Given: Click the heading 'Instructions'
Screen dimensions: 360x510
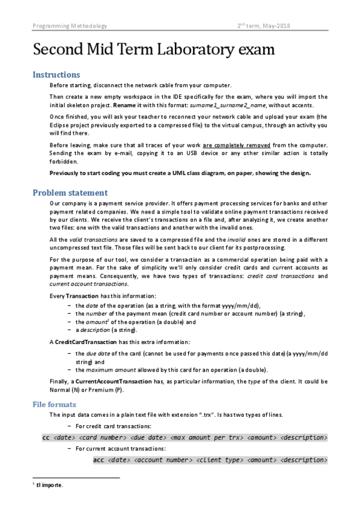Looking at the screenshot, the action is tap(56, 75).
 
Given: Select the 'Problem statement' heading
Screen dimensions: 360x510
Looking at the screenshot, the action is tap(70, 192).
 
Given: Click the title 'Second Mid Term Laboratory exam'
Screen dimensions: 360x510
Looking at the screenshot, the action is tap(153, 49).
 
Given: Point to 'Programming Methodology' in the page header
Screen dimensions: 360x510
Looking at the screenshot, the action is tap(70, 26).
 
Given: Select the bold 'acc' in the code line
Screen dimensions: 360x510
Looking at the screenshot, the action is tap(100, 460).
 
